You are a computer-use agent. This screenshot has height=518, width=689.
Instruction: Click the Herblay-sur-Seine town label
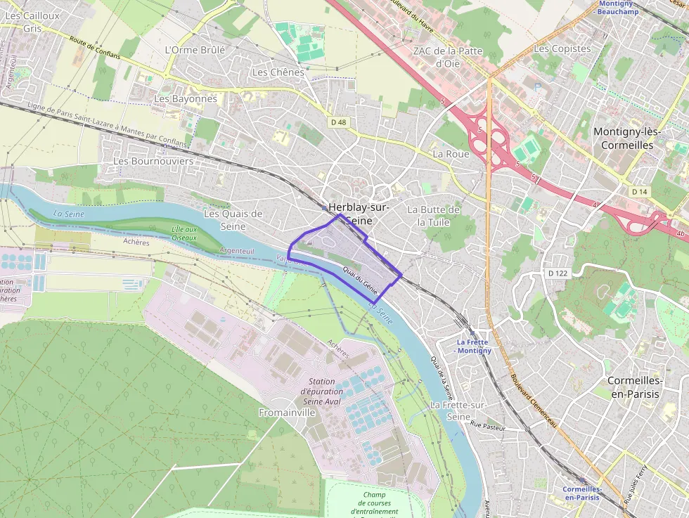tap(358, 214)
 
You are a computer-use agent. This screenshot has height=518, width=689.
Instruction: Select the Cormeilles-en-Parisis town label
tap(633, 387)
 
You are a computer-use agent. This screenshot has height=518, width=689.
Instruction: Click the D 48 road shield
tap(338, 122)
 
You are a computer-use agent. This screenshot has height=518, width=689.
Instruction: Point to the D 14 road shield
tap(639, 192)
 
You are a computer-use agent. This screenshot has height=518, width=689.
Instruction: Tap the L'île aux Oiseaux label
tap(184, 233)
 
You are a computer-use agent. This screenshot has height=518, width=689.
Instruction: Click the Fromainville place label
tap(287, 413)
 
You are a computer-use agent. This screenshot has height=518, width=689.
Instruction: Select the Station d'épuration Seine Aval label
tap(321, 391)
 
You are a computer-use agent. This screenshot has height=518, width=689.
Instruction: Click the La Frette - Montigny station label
tap(474, 346)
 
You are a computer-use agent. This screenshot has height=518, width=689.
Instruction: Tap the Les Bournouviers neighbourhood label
tap(153, 161)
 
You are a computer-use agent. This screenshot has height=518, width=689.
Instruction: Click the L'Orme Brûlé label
tap(195, 50)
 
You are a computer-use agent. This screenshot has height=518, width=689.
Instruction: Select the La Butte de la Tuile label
tap(434, 216)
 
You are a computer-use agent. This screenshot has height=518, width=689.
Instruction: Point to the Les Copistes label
tap(562, 48)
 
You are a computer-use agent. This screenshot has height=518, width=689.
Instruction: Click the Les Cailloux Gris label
tap(31, 21)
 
